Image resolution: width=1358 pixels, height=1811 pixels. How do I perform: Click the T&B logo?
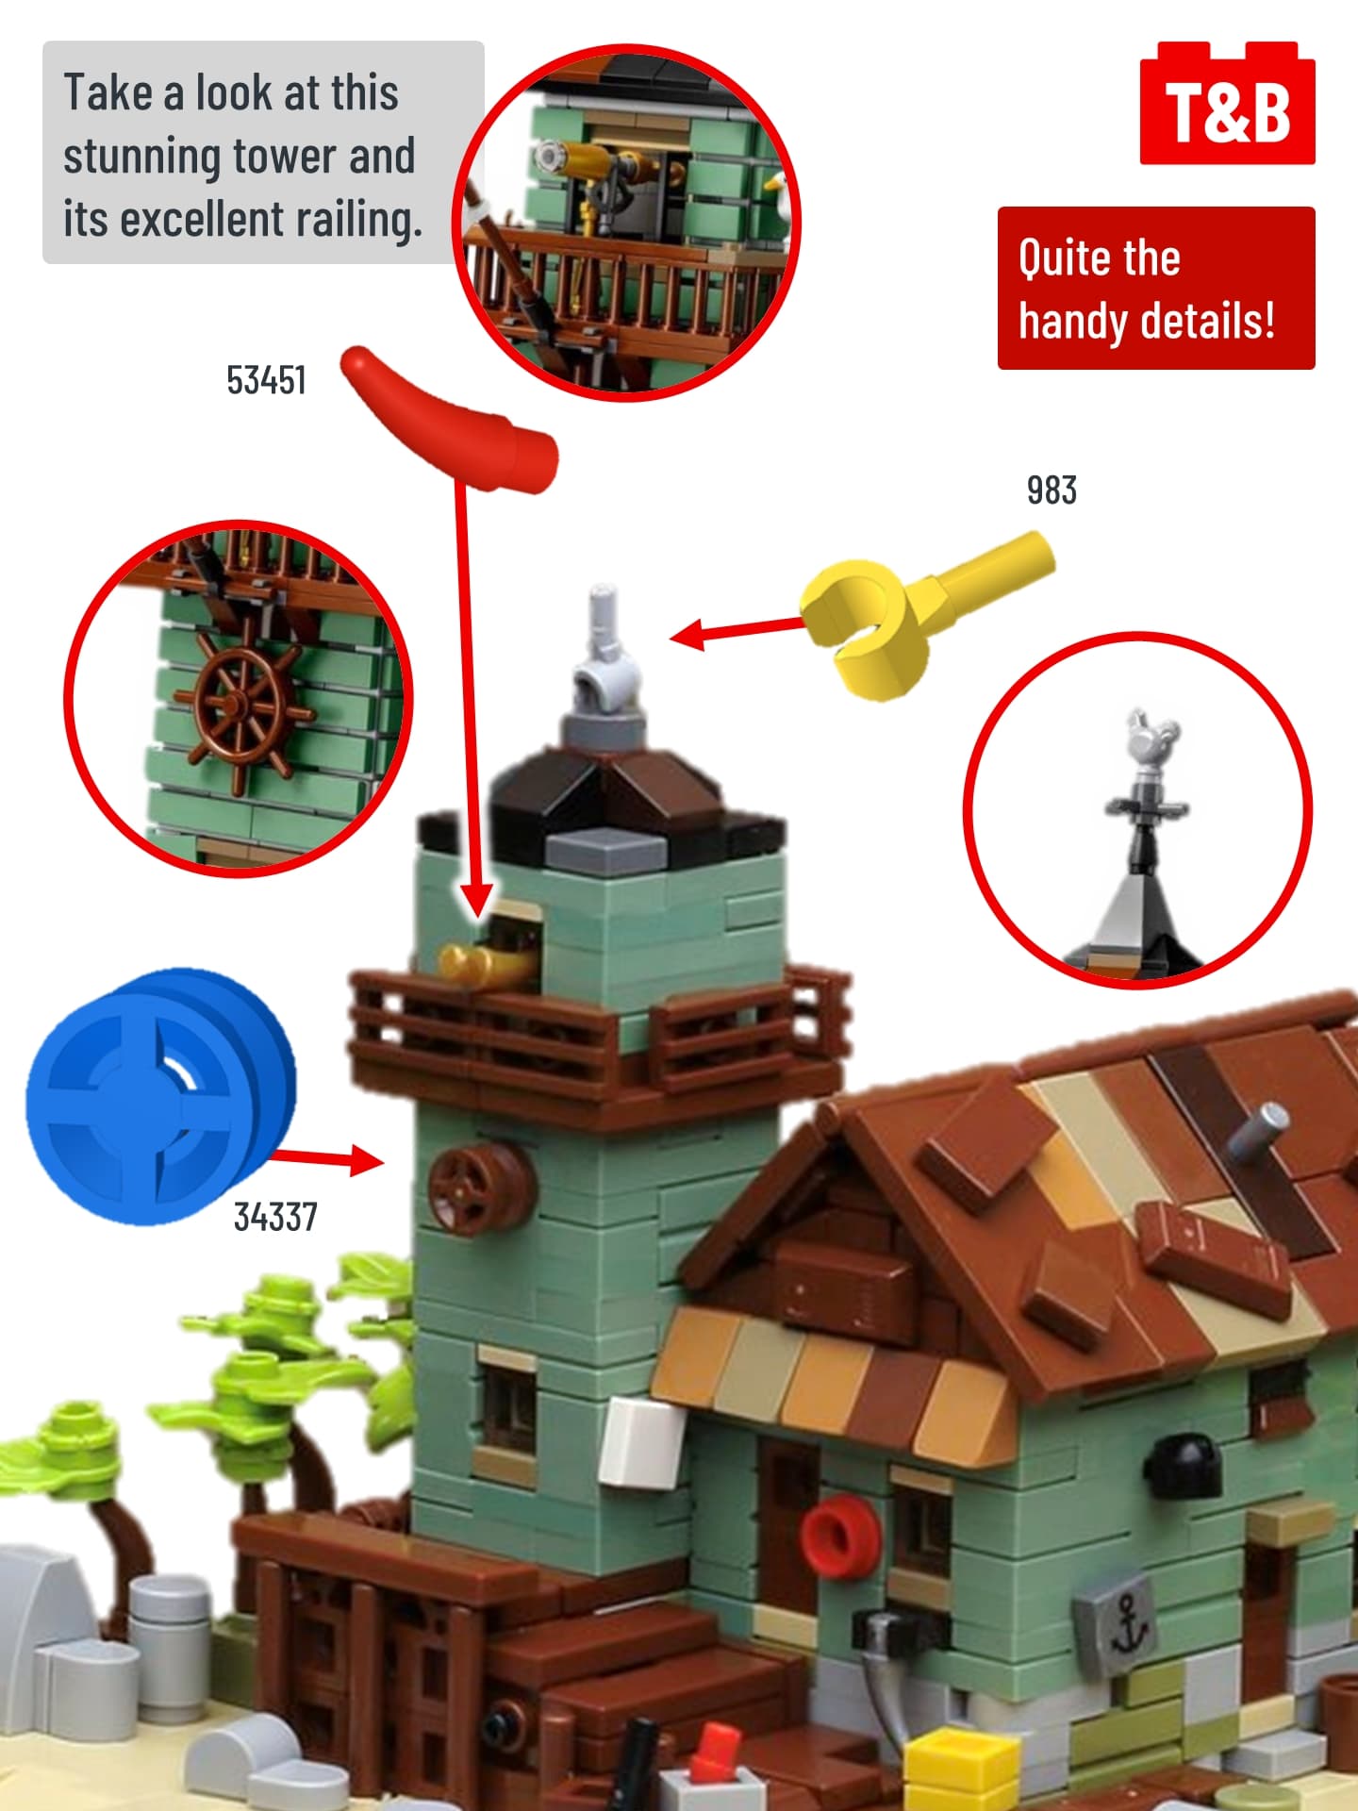tap(1227, 103)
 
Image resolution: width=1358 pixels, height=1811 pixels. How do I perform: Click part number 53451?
tap(266, 381)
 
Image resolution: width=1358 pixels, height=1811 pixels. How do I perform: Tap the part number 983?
tap(1052, 490)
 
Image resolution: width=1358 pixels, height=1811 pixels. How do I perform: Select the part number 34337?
tap(275, 1217)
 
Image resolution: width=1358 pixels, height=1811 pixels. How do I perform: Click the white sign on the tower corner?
tap(641, 1442)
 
